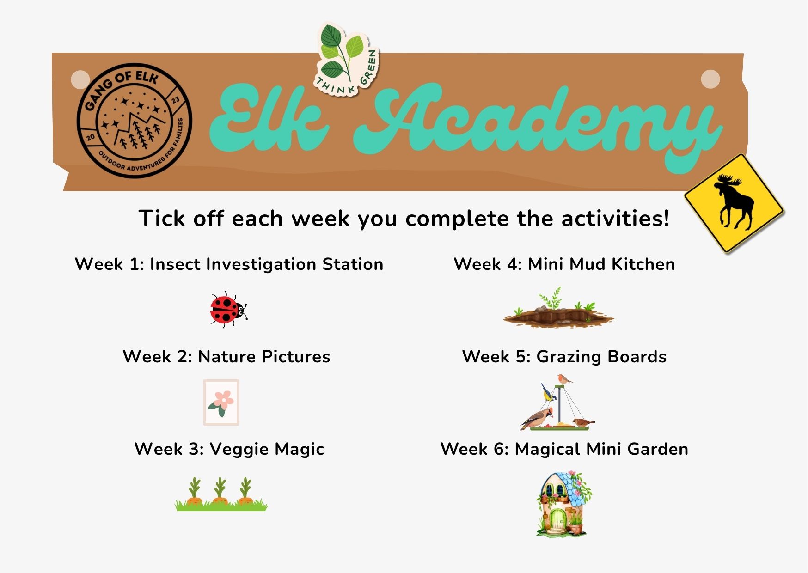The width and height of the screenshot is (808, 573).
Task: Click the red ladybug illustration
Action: pos(228,310)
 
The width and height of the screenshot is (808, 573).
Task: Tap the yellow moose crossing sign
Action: pos(734,203)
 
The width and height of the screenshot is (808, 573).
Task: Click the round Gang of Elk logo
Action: pos(135,120)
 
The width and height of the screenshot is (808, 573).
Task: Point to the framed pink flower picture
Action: pos(221,402)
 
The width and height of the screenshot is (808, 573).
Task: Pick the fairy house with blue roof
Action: pos(564,504)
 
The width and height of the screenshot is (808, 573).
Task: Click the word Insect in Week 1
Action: pos(175,264)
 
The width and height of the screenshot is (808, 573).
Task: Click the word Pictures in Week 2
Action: pos(296,357)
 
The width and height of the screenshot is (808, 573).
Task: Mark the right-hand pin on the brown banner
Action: pos(710,79)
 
